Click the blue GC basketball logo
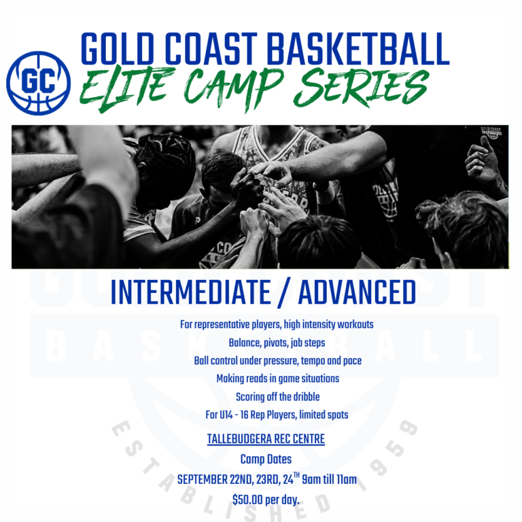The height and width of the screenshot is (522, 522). (x=38, y=83)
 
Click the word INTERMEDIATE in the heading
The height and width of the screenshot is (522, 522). (x=191, y=292)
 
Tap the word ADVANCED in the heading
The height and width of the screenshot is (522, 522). (x=357, y=292)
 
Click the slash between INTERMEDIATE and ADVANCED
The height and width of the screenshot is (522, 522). (x=285, y=293)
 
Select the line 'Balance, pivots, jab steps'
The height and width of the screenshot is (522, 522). (x=277, y=343)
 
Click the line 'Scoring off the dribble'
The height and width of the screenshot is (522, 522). (x=277, y=396)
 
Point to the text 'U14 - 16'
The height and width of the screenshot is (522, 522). (x=233, y=415)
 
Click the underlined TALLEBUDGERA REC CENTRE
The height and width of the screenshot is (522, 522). (x=266, y=439)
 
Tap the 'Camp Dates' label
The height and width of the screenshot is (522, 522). (x=266, y=459)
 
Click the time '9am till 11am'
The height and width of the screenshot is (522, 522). (x=329, y=479)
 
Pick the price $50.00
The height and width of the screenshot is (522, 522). (x=247, y=500)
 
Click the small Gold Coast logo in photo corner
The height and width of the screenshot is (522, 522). (x=491, y=133)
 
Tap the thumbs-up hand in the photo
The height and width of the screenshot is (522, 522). (x=482, y=160)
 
